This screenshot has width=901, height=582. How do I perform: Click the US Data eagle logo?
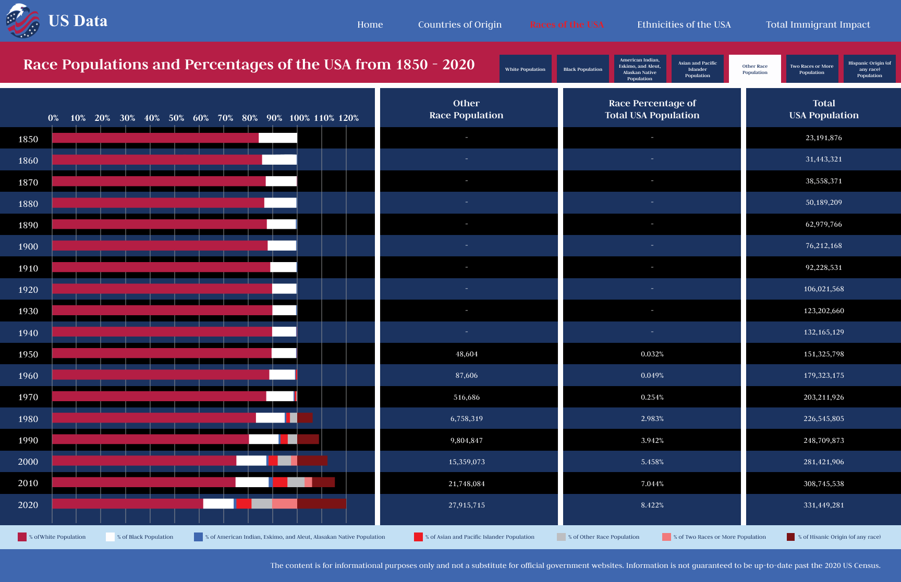22,21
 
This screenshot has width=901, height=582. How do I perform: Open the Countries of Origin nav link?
459,24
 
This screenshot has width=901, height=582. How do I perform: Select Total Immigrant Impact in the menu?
818,24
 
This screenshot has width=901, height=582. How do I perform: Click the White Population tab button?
525,69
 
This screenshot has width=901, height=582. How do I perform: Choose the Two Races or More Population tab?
812,69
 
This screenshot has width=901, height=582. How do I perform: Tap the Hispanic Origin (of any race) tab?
869,69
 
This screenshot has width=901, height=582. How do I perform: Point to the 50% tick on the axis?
176,118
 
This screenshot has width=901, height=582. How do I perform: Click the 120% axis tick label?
348,118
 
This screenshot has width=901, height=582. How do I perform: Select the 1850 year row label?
28,139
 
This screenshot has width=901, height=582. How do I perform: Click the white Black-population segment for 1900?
282,246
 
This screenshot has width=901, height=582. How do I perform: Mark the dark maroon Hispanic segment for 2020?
321,504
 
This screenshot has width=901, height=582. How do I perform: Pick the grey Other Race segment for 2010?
296,482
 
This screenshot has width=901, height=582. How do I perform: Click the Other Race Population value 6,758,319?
466,418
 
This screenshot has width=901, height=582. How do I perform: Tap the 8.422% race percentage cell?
652,505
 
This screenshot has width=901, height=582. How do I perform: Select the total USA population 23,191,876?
823,138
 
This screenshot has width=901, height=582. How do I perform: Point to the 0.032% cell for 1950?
652,354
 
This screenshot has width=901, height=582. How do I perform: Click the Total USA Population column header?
823,109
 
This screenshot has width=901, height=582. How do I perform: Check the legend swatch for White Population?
22,537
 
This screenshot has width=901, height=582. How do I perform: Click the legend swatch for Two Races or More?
666,537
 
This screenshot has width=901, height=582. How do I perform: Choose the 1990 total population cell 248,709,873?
823,440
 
